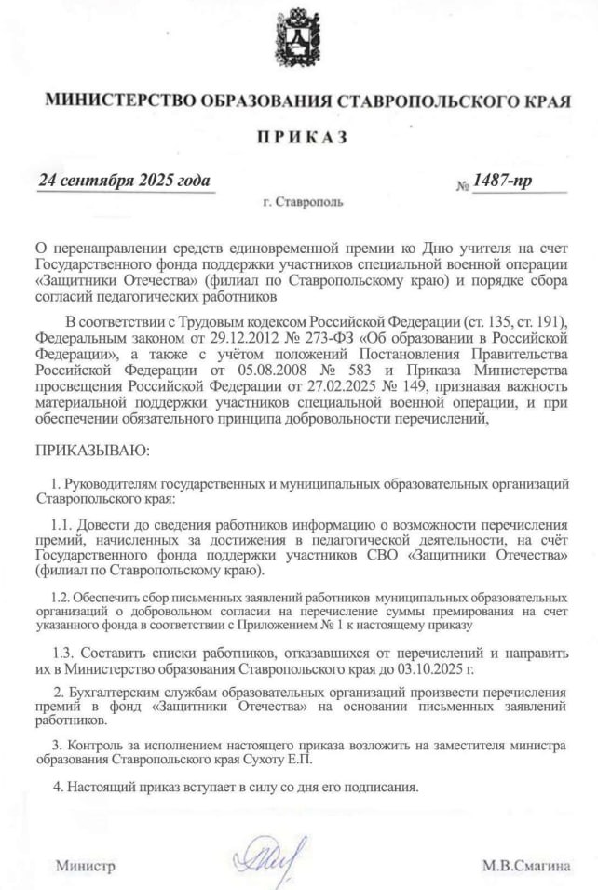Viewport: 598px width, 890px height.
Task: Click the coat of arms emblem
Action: coord(298,36)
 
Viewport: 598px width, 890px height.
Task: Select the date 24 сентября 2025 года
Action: coord(124,181)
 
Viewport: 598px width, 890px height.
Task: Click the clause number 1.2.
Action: coord(61,596)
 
